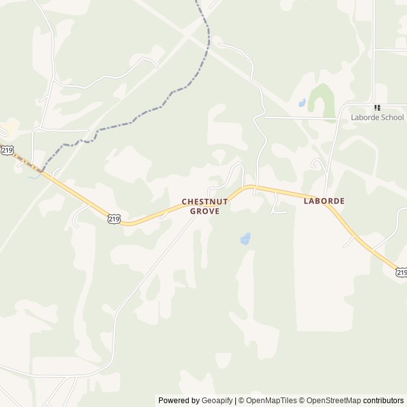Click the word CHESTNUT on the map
(x=205, y=202)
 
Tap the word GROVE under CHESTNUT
(x=205, y=211)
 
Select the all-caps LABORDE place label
(x=324, y=201)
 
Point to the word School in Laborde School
(x=393, y=118)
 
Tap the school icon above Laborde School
(x=377, y=108)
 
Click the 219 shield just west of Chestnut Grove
(x=113, y=219)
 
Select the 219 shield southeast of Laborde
(x=401, y=272)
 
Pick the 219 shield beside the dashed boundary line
(x=6, y=150)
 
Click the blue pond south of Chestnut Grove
(x=245, y=239)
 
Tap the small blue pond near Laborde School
(x=302, y=102)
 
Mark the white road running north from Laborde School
(x=375, y=51)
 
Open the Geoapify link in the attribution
(x=217, y=401)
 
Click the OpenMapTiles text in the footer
(x=271, y=401)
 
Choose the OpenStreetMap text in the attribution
(x=331, y=401)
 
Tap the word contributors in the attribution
(x=383, y=401)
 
